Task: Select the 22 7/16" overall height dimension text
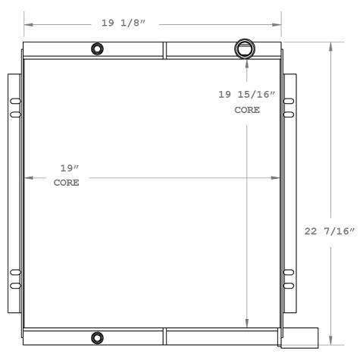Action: point(330,231)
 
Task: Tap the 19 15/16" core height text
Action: point(246,95)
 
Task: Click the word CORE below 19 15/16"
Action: point(246,110)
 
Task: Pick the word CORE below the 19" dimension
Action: point(67,183)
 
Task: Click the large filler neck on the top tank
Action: point(246,49)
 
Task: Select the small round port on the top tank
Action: point(97,50)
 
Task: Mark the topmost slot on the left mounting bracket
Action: point(14,99)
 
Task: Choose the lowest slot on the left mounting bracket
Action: point(14,286)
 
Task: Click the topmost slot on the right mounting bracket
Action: point(289,99)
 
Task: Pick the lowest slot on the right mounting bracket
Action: point(289,286)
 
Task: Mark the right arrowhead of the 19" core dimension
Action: point(276,179)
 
